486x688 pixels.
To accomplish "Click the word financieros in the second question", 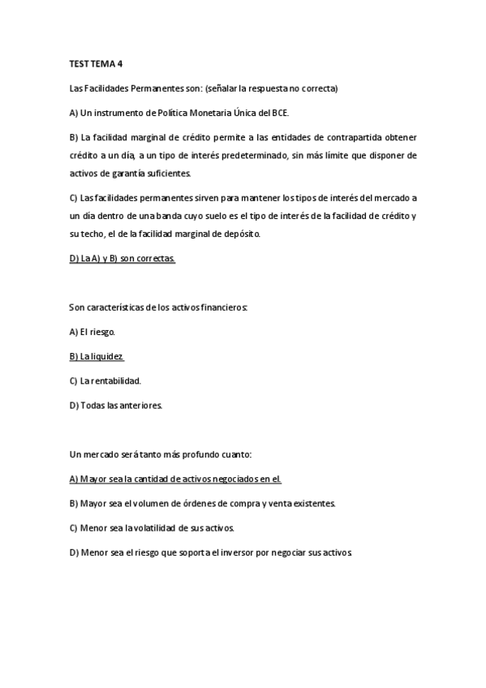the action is click(x=228, y=307).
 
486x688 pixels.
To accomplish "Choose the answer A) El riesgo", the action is click(x=93, y=331).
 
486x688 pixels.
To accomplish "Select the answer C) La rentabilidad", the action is click(x=106, y=380).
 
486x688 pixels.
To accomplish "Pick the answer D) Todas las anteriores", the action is click(x=117, y=405).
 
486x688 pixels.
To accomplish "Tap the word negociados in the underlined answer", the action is click(x=239, y=479).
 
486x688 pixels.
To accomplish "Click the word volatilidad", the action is click(x=164, y=527).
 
